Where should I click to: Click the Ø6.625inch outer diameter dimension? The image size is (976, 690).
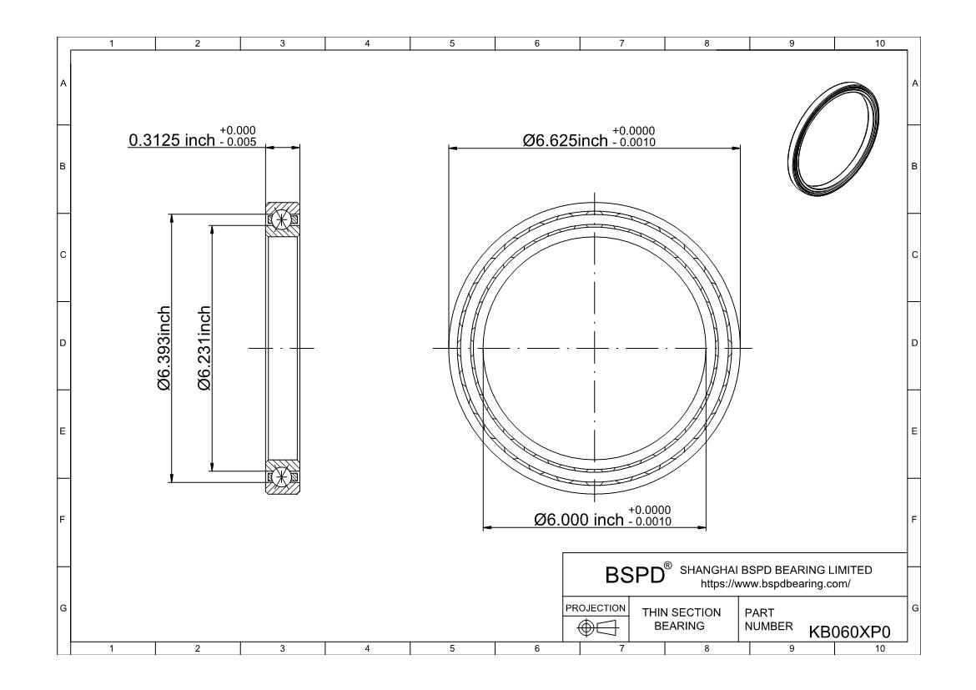(566, 140)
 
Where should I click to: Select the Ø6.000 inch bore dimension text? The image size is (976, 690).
(579, 519)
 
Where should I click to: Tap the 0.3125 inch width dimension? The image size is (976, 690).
(172, 140)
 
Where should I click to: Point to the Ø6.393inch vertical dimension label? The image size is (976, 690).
(164, 348)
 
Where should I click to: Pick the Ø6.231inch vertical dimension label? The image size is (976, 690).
(204, 348)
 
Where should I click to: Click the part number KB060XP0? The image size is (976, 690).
(849, 632)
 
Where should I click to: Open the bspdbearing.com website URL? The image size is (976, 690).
(776, 584)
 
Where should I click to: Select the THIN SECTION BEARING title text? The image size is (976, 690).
(681, 619)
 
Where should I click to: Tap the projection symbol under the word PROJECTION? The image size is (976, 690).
(596, 627)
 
